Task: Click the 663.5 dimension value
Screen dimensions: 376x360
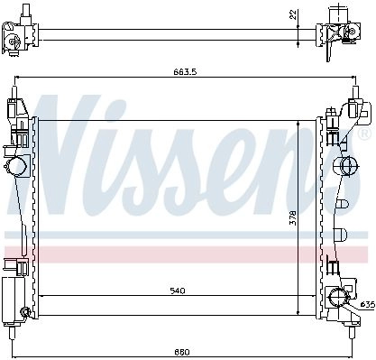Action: tap(185, 72)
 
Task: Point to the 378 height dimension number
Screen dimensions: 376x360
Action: tap(292, 217)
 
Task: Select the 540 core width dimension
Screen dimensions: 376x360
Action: tap(178, 291)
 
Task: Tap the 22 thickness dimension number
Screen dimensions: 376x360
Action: tap(293, 15)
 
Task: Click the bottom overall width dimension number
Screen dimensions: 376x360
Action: tap(182, 352)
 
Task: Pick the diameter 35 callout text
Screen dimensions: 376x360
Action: tap(368, 305)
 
